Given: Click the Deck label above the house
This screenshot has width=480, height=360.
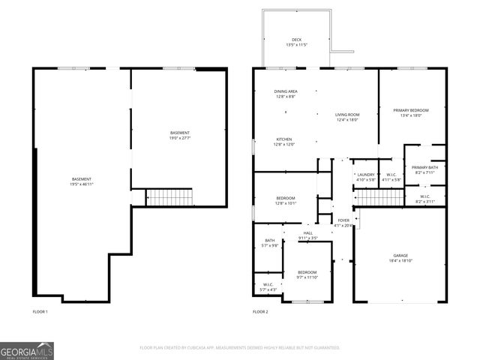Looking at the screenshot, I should (295, 43).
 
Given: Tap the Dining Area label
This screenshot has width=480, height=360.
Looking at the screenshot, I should (286, 94).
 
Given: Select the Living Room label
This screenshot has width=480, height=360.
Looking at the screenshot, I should (346, 117).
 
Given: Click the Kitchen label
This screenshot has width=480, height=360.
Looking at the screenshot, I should (284, 142).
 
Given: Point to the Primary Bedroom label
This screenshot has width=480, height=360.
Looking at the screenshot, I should (412, 112).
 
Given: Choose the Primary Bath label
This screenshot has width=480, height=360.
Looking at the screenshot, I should (424, 169).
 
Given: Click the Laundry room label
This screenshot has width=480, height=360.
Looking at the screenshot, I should (365, 177).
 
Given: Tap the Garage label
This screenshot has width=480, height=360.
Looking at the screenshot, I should (400, 258).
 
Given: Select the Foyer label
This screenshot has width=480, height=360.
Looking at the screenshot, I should (343, 223).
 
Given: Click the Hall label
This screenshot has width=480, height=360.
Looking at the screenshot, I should (307, 235).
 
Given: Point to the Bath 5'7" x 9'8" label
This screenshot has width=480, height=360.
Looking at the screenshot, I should (269, 243).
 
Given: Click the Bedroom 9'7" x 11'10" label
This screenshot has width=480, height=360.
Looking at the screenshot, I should (307, 274).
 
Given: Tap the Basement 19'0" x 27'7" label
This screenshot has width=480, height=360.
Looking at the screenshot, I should (179, 135).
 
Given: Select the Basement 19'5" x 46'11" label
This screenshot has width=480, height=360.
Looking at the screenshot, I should (81, 181).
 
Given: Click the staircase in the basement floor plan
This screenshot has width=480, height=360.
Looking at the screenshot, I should (169, 198).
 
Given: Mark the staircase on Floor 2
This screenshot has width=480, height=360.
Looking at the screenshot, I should (379, 198).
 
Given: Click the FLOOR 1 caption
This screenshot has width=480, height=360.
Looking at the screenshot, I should (40, 311).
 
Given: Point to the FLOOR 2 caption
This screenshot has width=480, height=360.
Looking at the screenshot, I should (260, 311).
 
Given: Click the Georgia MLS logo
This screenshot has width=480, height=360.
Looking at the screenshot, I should (27, 350).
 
